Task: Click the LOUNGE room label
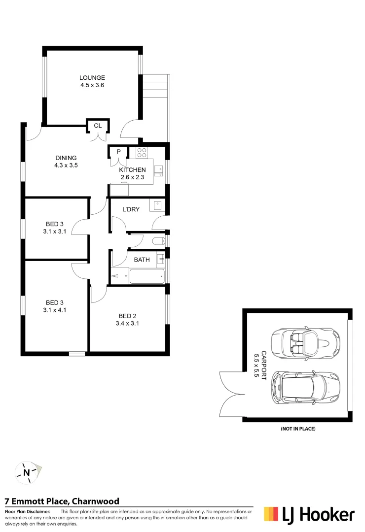(93, 78)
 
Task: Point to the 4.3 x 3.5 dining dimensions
(66, 166)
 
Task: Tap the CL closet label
(98, 126)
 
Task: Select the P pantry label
(118, 152)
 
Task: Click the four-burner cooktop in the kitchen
(142, 152)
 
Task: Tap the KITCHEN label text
(132, 170)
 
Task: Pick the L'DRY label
(130, 209)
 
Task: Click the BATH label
(142, 260)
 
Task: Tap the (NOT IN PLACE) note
(298, 429)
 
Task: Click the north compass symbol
(27, 473)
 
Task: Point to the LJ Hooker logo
(309, 515)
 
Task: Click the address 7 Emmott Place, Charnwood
(62, 501)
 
